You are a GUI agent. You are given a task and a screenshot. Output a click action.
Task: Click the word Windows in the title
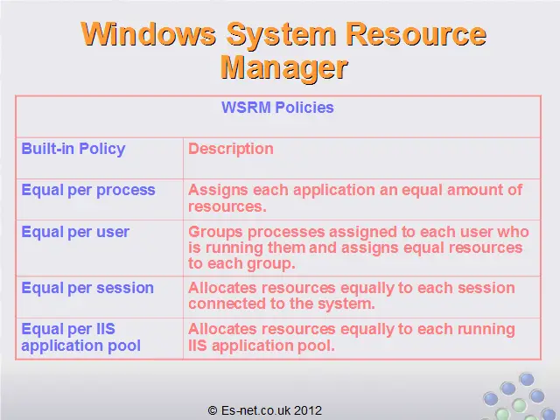[x=149, y=34]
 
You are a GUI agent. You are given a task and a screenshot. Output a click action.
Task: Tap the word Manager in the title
[x=283, y=68]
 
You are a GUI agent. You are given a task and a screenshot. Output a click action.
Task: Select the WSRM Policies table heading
[x=277, y=108]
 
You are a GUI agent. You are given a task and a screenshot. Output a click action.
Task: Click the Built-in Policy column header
[x=73, y=150]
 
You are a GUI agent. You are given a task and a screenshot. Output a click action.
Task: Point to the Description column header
[x=231, y=149]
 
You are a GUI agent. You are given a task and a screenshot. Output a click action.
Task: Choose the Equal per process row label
[x=88, y=191]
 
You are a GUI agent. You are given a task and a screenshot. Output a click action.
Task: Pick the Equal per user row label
[x=75, y=232]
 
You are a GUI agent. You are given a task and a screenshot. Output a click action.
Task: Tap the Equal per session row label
[x=87, y=288]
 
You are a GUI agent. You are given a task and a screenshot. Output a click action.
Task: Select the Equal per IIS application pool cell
[x=80, y=338]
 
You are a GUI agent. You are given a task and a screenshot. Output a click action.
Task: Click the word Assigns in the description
[x=218, y=191]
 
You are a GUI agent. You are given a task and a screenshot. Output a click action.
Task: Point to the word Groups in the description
[x=215, y=232]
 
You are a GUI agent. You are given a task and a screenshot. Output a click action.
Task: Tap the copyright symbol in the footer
[x=212, y=410]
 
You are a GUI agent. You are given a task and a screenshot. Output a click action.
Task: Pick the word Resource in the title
[x=416, y=34]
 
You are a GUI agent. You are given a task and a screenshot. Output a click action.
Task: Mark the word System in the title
[x=281, y=35]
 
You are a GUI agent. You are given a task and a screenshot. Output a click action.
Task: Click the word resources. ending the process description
[x=227, y=206]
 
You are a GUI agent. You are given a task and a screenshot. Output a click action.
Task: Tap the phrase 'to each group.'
[x=241, y=264]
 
